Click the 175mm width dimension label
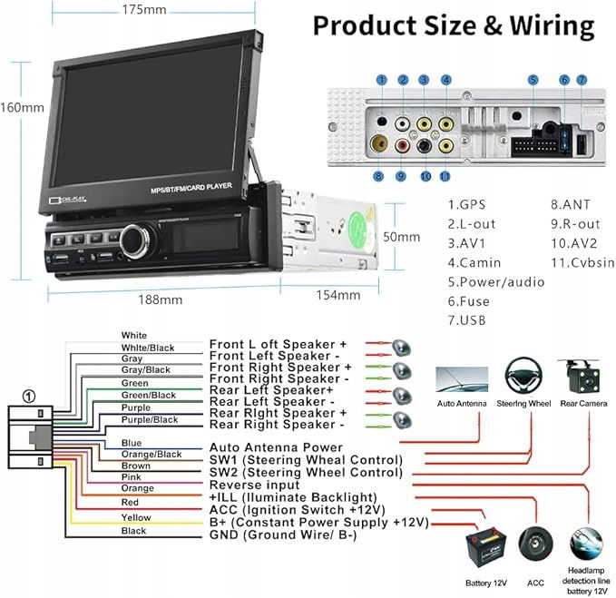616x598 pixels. pyautogui.click(x=143, y=11)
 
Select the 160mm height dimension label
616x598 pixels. pyautogui.click(x=23, y=107)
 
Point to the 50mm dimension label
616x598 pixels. pyautogui.click(x=402, y=237)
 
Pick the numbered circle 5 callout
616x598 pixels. pyautogui.click(x=533, y=80)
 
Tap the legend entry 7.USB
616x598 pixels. pyautogui.click(x=468, y=320)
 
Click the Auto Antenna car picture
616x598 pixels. pyautogui.click(x=461, y=378)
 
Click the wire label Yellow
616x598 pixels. pyautogui.click(x=136, y=517)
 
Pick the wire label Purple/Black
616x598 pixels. pyautogui.click(x=151, y=420)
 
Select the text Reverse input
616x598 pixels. pyautogui.click(x=254, y=485)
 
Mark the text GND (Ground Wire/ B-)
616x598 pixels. pyautogui.click(x=282, y=535)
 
